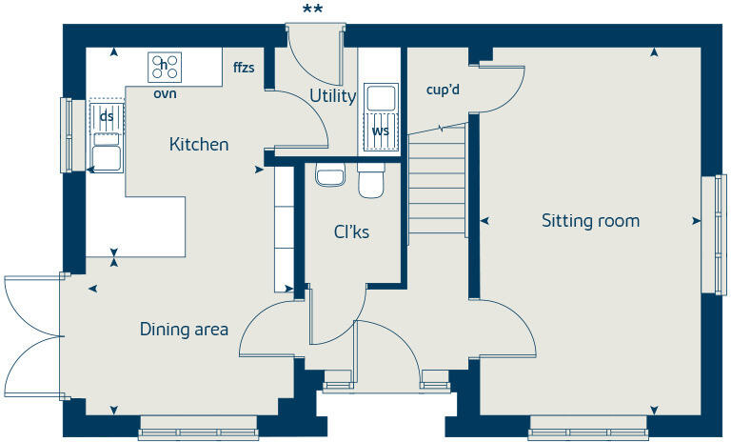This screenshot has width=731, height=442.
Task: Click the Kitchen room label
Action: [x=199, y=145]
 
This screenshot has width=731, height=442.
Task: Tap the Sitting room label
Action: [x=590, y=221]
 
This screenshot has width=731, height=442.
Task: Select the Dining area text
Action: [x=184, y=330]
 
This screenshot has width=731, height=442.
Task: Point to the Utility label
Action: [x=333, y=96]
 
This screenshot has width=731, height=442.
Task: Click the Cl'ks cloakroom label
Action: [x=351, y=231]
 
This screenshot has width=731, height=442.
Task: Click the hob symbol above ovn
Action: [x=166, y=67]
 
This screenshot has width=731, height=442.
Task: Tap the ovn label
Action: [x=165, y=93]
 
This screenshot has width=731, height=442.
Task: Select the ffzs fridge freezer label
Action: [x=245, y=68]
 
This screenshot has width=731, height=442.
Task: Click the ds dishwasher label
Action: [x=108, y=116]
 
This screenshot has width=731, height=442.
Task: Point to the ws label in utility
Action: [x=381, y=131]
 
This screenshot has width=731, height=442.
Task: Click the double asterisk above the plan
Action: [x=312, y=10]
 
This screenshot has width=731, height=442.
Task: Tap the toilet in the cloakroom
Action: [x=371, y=181]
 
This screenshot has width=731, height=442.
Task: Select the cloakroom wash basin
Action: [x=329, y=175]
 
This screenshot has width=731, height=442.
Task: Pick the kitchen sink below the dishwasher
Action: [x=106, y=153]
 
